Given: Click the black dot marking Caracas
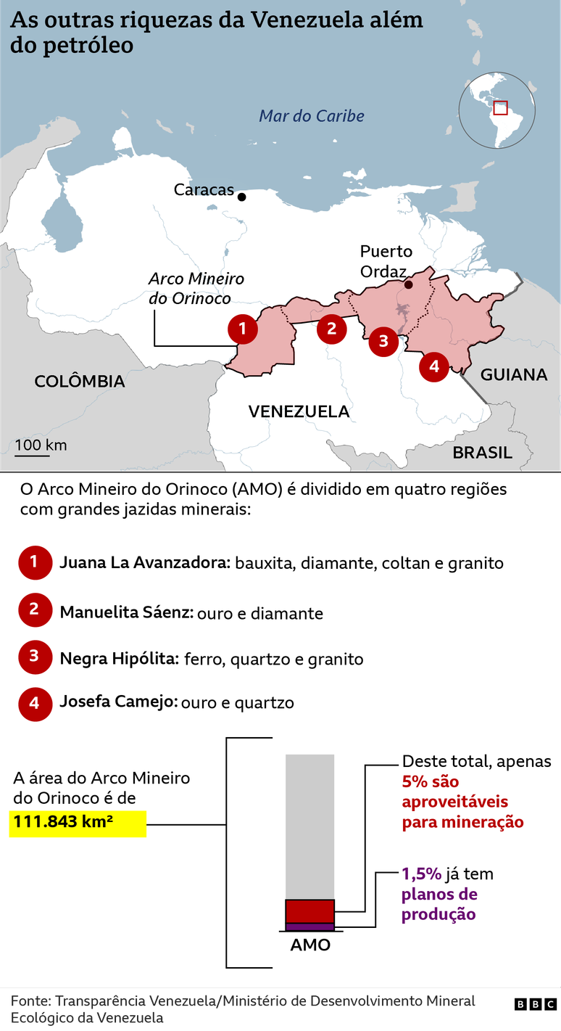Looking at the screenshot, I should [241, 197].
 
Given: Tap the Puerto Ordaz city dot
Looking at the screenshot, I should [408, 284].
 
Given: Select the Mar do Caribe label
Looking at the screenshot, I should [312, 116].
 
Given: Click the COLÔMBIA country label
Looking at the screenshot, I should [80, 381].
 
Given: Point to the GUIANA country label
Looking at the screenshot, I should [514, 374].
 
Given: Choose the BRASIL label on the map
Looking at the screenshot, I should [483, 453].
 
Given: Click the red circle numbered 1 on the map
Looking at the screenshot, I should [242, 329].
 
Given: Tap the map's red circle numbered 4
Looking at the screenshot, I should [433, 366].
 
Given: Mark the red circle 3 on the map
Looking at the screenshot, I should [383, 340].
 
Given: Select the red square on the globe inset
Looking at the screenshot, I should [500, 107].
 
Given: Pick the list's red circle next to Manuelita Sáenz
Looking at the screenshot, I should [34, 611].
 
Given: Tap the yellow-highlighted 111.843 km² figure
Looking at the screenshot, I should [78, 823].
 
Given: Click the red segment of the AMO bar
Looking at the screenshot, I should [309, 911].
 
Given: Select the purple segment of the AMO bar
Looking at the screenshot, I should [309, 927].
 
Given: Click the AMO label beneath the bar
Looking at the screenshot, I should [310, 945].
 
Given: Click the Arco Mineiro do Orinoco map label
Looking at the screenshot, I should [196, 288].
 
